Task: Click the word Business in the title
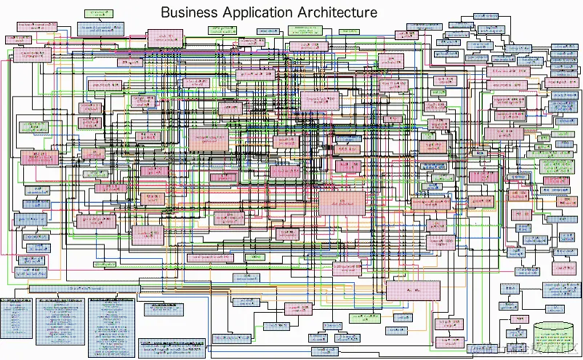pyautogui.click(x=190, y=13)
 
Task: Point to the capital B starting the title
pyautogui.click(x=165, y=13)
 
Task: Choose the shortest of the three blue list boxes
pyautogui.click(x=17, y=318)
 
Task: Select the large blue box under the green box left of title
pyautogui.click(x=101, y=28)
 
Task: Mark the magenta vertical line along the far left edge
pyautogui.click(x=4, y=145)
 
